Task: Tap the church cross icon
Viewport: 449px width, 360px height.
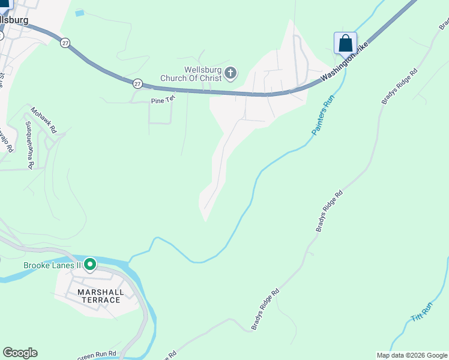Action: coord(231,74)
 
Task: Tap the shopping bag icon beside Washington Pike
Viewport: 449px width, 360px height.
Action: coord(345,43)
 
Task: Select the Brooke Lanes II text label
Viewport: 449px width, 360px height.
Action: coord(52,266)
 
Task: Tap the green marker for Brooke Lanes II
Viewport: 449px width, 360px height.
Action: coord(90,264)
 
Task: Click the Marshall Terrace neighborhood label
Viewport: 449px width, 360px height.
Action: coord(101,296)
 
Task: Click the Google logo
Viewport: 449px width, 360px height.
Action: coord(20,353)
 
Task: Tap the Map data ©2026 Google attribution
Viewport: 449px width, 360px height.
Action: coord(412,355)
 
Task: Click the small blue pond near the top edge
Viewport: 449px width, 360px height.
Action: coord(80,13)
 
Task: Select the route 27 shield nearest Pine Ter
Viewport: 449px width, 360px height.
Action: coord(138,83)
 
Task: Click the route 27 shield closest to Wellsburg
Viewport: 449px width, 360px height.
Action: coord(65,43)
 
